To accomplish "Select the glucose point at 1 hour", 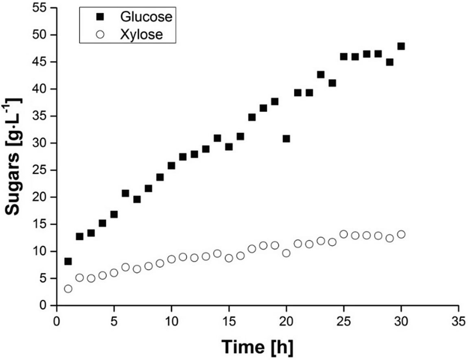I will [x=68, y=261].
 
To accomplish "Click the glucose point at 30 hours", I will [x=401, y=46].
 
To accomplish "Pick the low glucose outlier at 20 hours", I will [x=286, y=139].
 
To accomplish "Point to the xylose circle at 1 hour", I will [x=68, y=289].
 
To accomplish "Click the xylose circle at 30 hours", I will [x=401, y=234].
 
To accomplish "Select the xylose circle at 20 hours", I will [x=286, y=253].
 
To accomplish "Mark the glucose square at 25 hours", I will [x=343, y=57].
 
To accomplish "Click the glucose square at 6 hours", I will [x=125, y=193].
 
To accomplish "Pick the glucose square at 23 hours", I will [x=321, y=74].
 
